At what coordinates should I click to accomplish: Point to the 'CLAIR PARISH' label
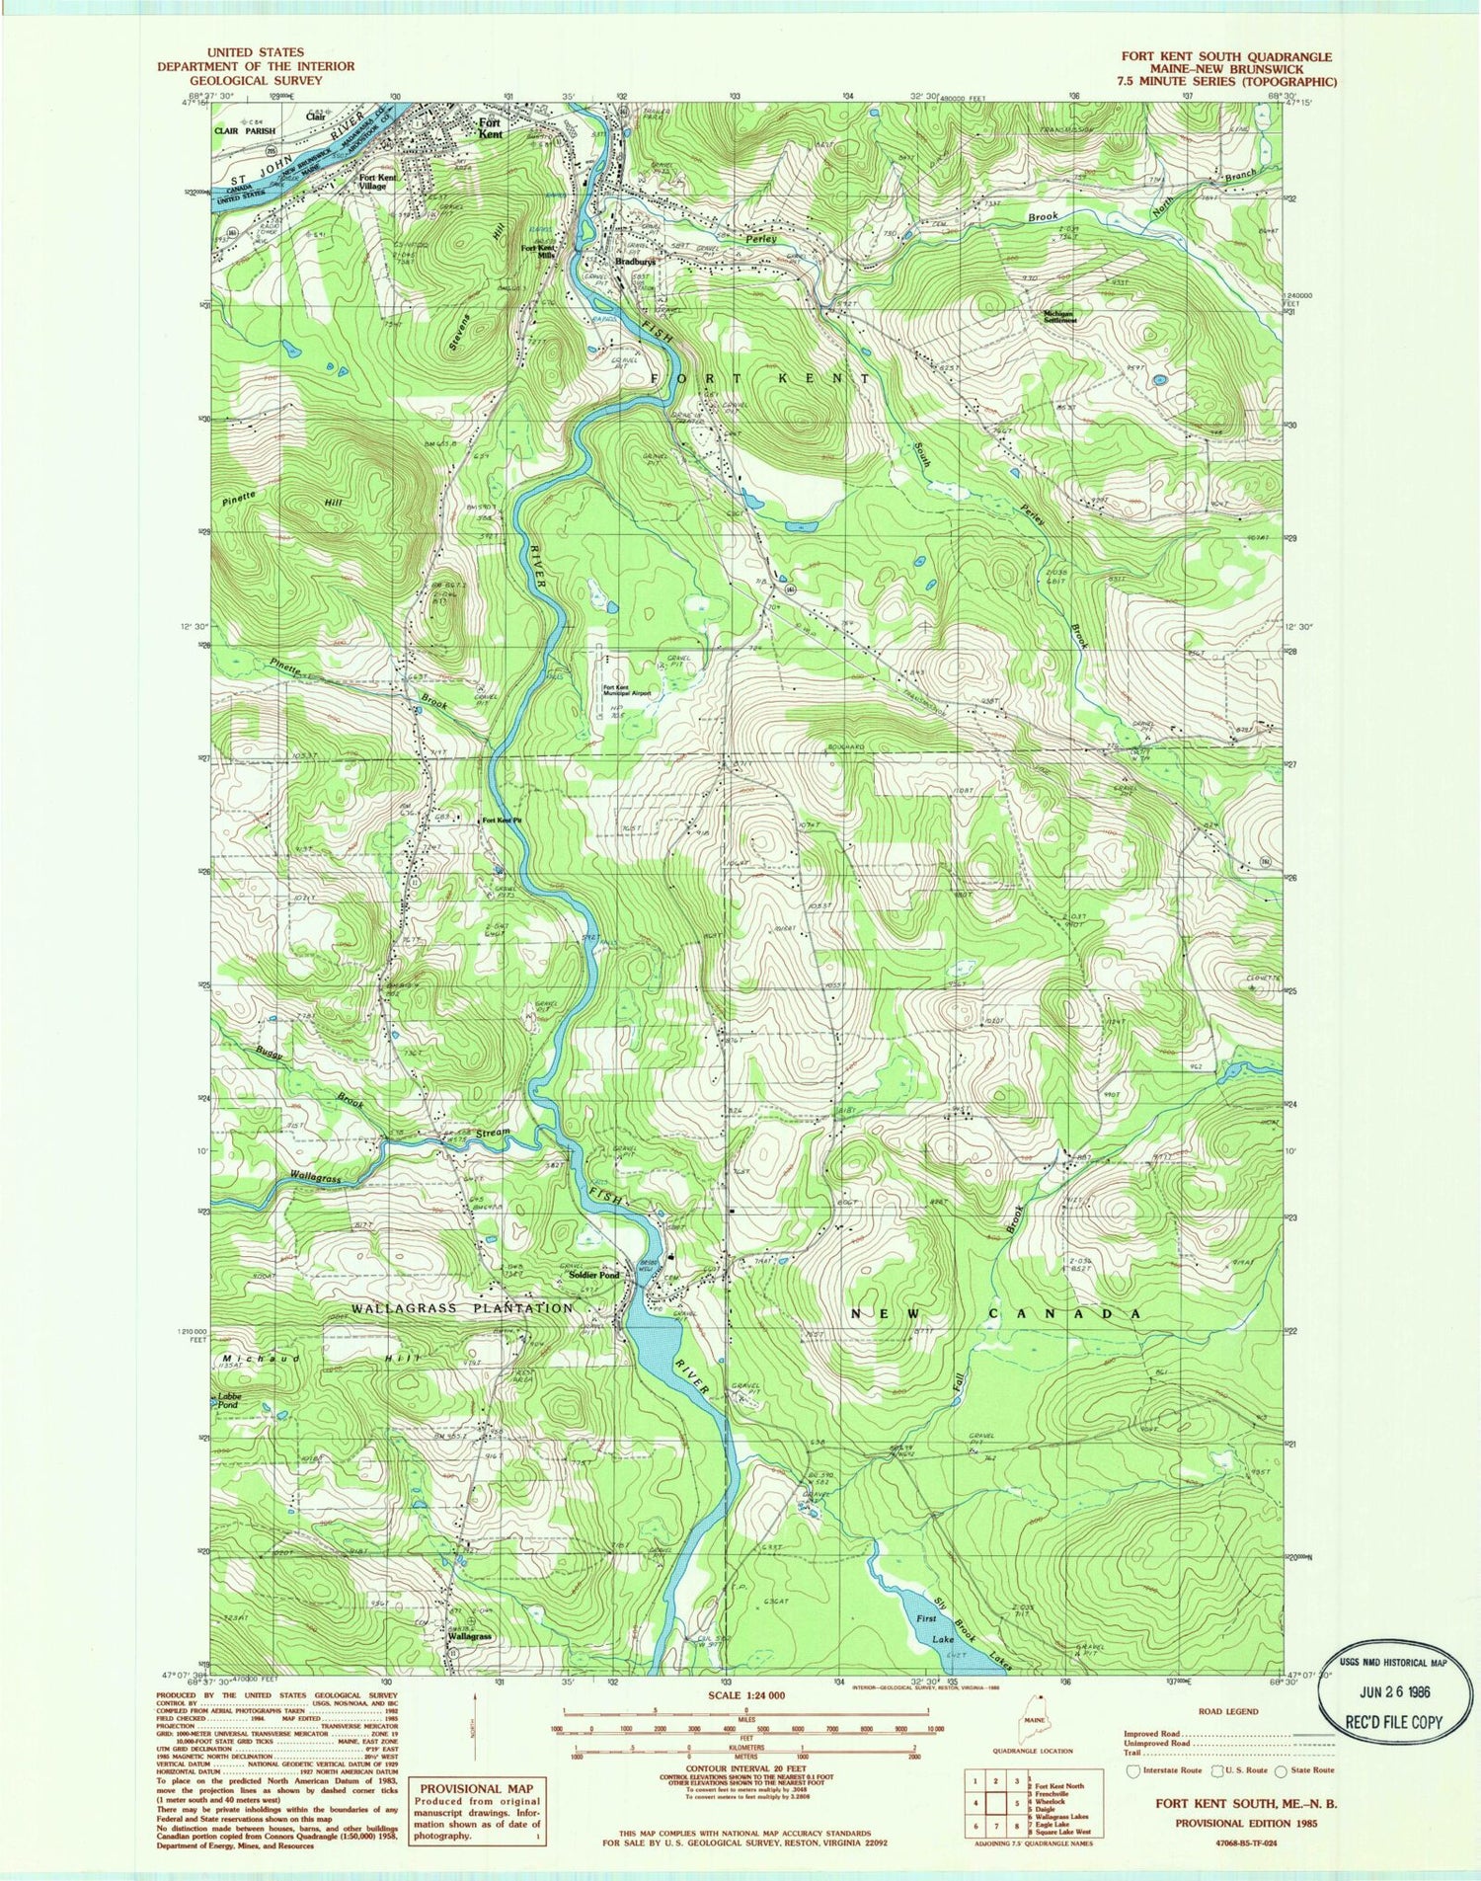[246, 129]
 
